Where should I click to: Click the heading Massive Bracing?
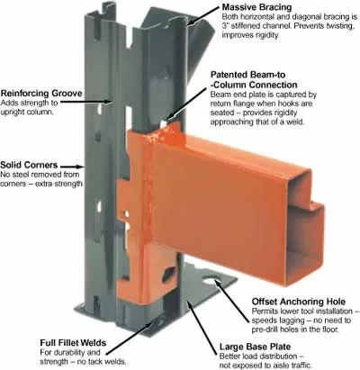click(256, 6)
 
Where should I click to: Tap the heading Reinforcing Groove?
click(41, 93)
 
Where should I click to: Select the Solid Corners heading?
click(29, 165)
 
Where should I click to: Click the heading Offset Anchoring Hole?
click(299, 302)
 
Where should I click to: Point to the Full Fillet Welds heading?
click(73, 343)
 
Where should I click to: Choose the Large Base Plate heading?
click(255, 347)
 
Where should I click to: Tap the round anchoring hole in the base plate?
click(213, 280)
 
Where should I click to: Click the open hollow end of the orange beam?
click(303, 228)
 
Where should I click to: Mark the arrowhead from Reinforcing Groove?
click(111, 102)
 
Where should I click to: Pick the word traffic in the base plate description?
click(300, 365)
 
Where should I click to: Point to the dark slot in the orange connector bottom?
click(168, 274)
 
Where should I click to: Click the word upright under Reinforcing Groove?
click(15, 113)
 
